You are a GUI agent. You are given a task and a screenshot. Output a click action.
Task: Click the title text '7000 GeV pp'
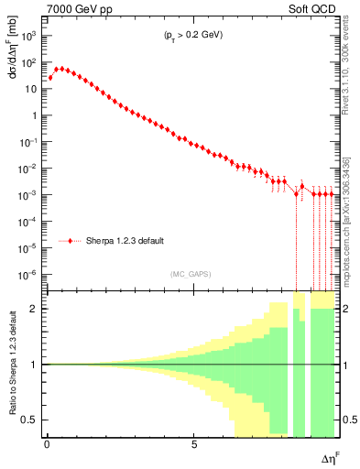pyautogui.click(x=72, y=8)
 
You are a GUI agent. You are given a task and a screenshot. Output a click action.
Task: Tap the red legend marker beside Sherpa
pyautogui.click(x=71, y=241)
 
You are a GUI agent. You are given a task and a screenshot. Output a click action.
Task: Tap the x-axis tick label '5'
pyautogui.click(x=194, y=444)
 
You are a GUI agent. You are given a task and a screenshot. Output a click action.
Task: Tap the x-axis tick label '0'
pyautogui.click(x=47, y=444)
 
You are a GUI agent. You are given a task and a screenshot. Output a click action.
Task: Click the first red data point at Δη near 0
pyautogui.click(x=51, y=78)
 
